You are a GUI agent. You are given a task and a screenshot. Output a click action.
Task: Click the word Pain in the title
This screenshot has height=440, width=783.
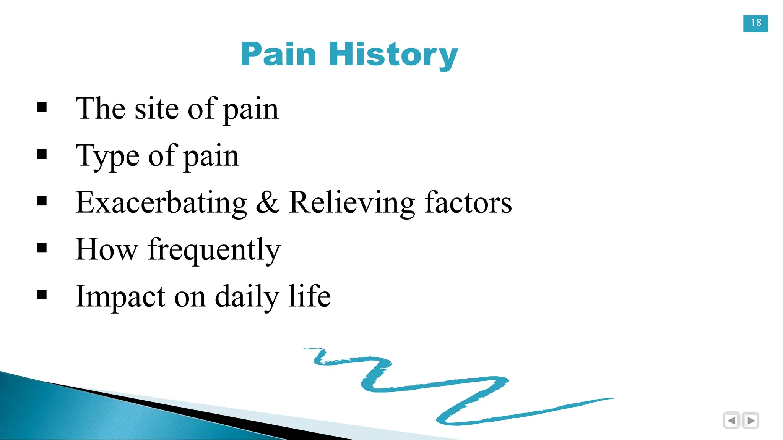[x=278, y=54]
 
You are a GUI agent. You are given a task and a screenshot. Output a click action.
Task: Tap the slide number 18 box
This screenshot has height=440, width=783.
[x=755, y=23]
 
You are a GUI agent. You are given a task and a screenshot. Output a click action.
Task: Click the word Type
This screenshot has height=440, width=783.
[x=107, y=156]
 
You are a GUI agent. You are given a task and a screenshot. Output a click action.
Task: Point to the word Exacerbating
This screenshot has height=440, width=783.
[x=161, y=202]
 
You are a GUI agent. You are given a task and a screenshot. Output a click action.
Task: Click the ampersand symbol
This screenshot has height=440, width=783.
[x=267, y=202]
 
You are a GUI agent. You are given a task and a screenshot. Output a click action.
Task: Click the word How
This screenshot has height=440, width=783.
[x=106, y=249]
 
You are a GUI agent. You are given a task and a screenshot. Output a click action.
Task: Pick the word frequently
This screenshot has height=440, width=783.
[x=214, y=250]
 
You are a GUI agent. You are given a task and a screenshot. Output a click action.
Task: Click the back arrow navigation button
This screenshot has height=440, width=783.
[x=731, y=421]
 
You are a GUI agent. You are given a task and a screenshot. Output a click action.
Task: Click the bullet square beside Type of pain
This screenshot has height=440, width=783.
[x=42, y=154]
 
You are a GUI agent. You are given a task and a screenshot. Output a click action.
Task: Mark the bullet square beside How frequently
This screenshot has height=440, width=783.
[x=42, y=248]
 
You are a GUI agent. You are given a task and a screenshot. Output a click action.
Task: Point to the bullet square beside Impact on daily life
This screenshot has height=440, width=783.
[x=42, y=295]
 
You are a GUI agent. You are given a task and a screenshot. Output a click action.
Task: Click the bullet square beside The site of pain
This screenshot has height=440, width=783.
[x=42, y=107]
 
